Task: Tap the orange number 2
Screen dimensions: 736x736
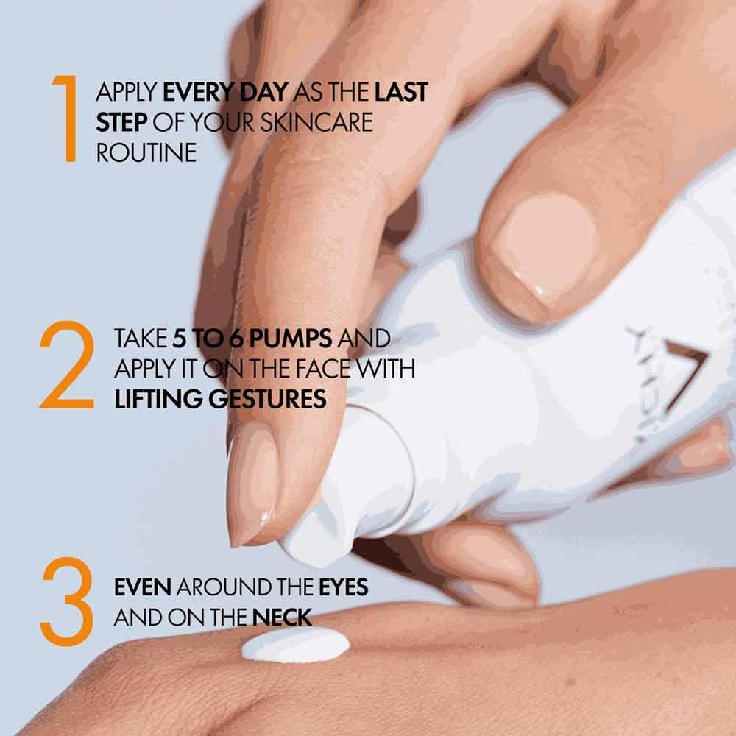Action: (66, 367)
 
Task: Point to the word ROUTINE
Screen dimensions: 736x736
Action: (146, 152)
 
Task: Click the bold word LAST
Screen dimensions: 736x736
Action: (401, 93)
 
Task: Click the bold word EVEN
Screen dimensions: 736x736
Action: (143, 588)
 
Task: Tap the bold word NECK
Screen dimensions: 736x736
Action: (283, 618)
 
